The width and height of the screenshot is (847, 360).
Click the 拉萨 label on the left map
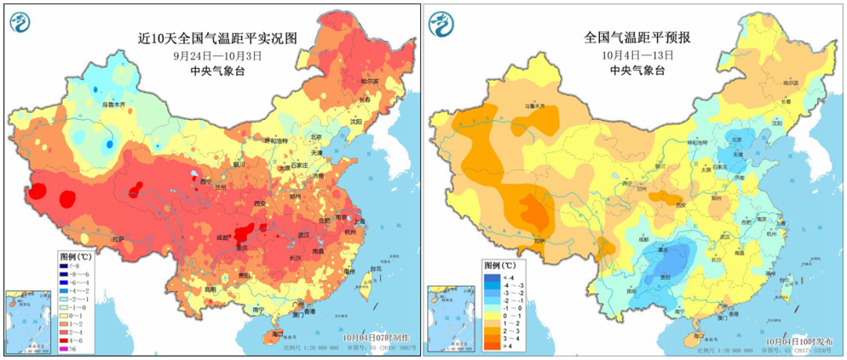coord(118,239)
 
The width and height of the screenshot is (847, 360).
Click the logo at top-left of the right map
coord(442,24)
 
